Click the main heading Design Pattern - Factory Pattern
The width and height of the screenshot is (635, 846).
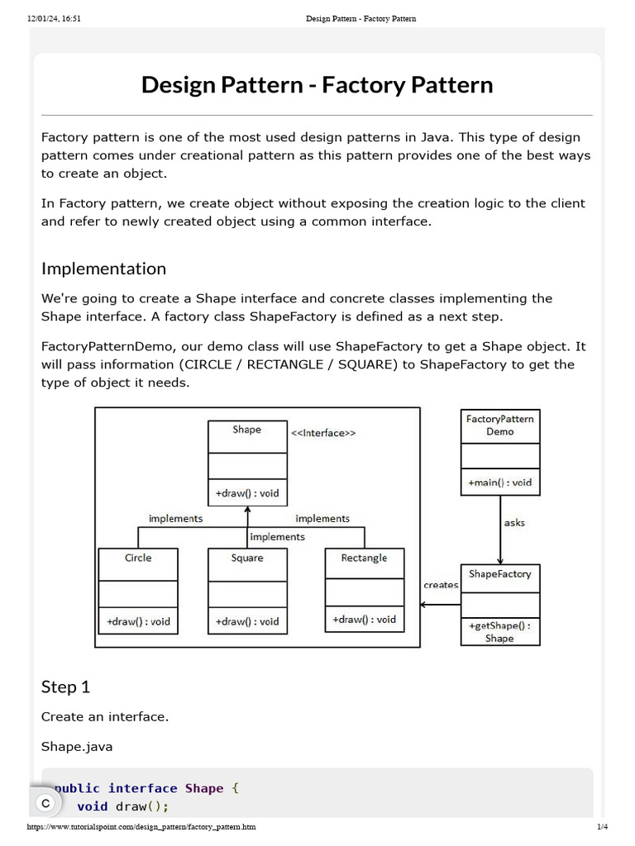[x=317, y=85]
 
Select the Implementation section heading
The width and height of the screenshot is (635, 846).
[x=103, y=269]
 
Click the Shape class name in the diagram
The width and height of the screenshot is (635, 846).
[x=246, y=430]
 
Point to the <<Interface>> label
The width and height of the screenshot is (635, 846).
[x=323, y=433]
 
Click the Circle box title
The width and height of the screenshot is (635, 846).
[x=138, y=558]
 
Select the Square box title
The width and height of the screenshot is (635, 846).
[x=247, y=558]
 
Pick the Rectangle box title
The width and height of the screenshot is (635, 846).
[x=364, y=558]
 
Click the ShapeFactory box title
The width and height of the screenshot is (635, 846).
[x=499, y=573]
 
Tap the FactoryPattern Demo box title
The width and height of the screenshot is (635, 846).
[x=499, y=425]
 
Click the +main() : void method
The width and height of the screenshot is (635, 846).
[x=499, y=482]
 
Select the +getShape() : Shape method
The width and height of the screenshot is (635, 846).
[x=499, y=631]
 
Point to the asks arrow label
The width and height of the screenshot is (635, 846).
[x=514, y=522]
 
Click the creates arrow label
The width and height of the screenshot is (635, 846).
[x=441, y=585]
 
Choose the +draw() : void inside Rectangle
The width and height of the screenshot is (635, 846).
[x=364, y=619]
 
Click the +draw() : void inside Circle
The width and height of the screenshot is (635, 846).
[x=138, y=621]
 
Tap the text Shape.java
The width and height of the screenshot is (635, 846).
[x=77, y=746]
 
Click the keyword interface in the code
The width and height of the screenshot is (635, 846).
[x=143, y=788]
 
